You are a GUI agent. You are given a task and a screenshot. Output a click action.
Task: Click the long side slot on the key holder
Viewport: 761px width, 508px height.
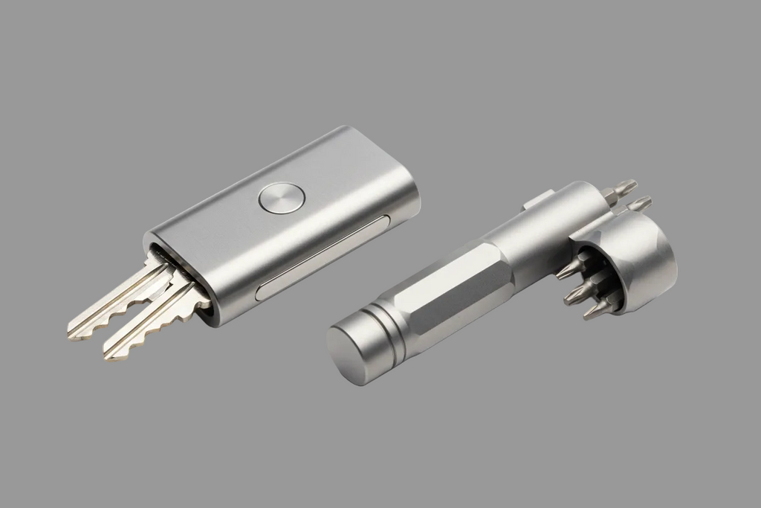tap(324, 257)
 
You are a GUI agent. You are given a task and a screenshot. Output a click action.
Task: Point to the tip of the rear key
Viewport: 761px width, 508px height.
tap(73, 332)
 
